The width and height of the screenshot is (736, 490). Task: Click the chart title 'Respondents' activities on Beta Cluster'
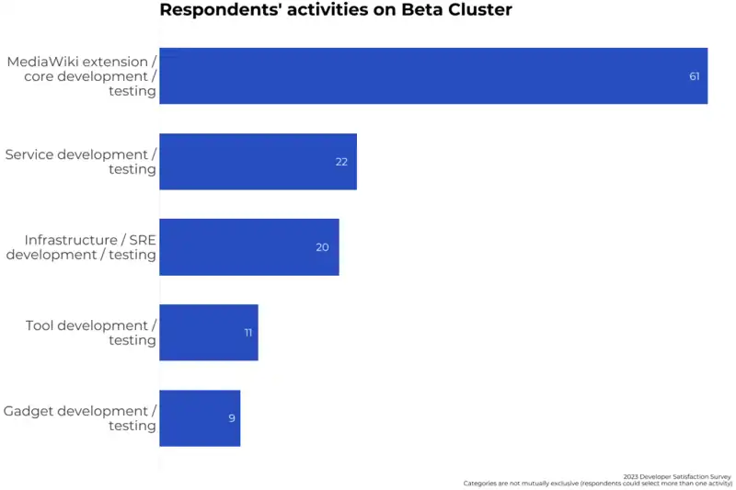[x=336, y=10]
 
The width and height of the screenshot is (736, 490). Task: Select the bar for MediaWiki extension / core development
[x=432, y=75]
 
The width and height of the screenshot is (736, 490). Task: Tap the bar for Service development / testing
[x=258, y=162]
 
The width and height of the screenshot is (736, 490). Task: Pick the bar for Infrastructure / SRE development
[x=248, y=246]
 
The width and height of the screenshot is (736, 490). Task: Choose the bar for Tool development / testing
[x=208, y=332]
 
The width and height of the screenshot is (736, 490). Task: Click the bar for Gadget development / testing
[x=199, y=417]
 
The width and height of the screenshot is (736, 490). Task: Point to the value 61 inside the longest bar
[x=695, y=76]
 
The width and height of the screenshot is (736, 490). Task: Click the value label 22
[x=341, y=162]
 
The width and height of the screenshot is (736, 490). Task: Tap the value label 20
[x=322, y=247]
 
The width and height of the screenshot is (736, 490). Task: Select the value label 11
[x=248, y=333]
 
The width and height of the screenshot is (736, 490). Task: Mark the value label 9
[x=232, y=418]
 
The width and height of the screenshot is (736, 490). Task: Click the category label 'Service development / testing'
[x=81, y=162]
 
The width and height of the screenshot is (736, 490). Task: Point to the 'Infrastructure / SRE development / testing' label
[x=81, y=247]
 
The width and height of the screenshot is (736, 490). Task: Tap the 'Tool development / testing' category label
[x=91, y=333]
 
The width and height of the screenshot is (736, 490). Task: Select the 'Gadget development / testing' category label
[x=80, y=418]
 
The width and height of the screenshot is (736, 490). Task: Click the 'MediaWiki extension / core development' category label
[x=82, y=76]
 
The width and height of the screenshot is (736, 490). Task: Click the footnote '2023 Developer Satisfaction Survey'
[x=677, y=476]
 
